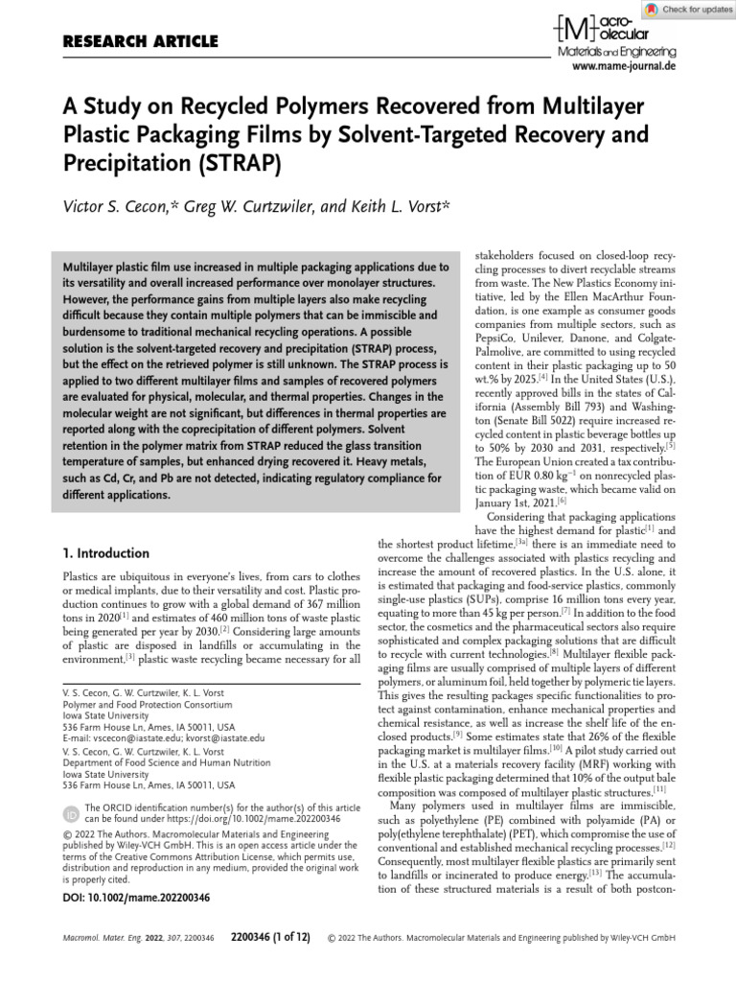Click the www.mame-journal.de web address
coord(623,67)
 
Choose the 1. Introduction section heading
coord(105,553)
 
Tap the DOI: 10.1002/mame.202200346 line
coord(136,898)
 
